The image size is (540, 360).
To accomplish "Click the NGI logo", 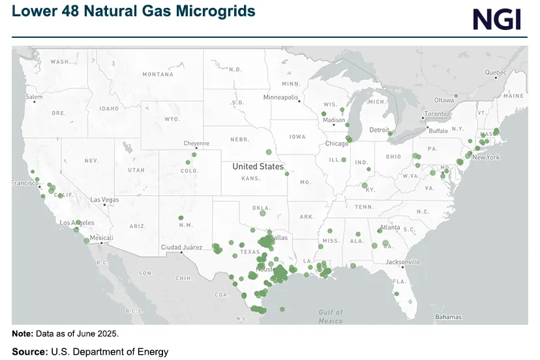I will tap(496, 19).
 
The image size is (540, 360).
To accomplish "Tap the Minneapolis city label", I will tap(280, 97).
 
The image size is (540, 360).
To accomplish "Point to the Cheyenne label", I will tap(196, 143).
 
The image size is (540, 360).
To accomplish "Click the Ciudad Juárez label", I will tap(181, 247).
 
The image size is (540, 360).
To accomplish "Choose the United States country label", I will tap(258, 166).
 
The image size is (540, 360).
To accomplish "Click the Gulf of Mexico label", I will tap(331, 316).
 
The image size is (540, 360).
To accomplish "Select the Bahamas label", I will tap(448, 317).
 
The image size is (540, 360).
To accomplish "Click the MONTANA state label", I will tap(158, 74).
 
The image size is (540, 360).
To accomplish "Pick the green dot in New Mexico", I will tap(181, 218).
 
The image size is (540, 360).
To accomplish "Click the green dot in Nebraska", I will tap(268, 152).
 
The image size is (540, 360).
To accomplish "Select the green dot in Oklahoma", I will tap(263, 213).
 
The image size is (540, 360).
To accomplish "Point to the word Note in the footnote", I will tap(22, 333).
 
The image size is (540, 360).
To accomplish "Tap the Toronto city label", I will tap(435, 114).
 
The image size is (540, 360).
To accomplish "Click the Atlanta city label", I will tap(390, 228).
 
